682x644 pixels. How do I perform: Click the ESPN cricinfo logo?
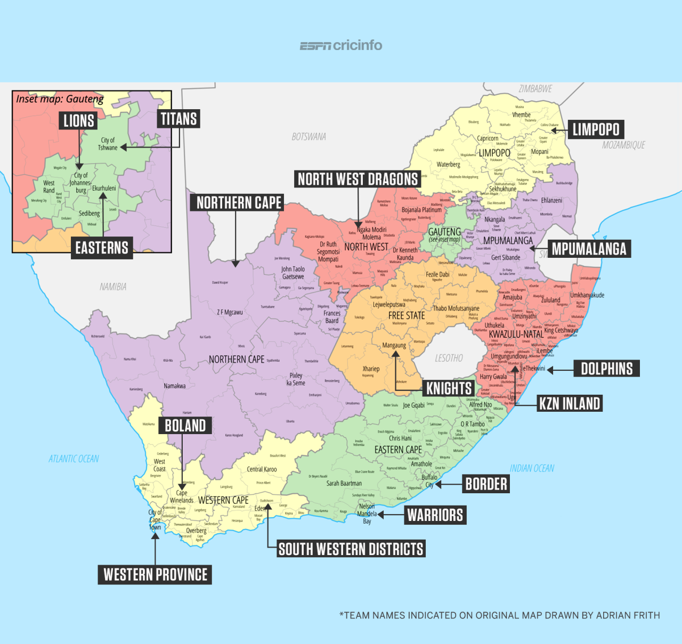pos(341,46)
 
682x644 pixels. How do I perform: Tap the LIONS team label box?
pos(79,121)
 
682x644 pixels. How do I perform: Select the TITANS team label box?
pos(179,119)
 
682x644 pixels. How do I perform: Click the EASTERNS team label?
pos(102,248)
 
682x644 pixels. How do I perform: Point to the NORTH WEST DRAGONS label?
pos(358,180)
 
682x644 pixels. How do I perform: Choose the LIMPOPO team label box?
pos(596,129)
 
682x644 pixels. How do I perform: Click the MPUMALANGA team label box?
pos(589,249)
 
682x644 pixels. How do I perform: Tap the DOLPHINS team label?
pos(606,369)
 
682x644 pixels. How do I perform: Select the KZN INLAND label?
pos(570,404)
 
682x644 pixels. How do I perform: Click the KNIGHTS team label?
pos(449,388)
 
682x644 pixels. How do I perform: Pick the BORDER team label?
pos(486,484)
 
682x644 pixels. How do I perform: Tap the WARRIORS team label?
pos(435,515)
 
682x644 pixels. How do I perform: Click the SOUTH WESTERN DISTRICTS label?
pos(351,549)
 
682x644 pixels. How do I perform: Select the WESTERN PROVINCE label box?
pos(155,575)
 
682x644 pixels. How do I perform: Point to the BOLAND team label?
pos(185,426)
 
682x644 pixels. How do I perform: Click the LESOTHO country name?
pos(449,358)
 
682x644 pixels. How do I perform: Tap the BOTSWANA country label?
pos(308,137)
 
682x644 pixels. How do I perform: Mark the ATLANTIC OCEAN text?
pos(74,459)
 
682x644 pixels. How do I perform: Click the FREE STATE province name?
pos(407,316)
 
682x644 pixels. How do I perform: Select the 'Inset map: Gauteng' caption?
pos(60,99)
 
